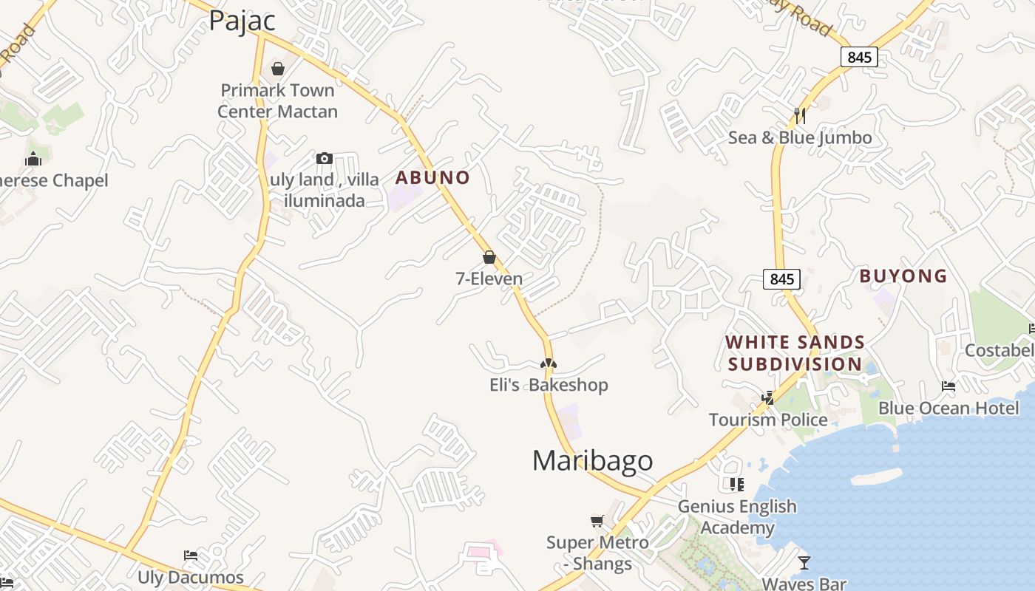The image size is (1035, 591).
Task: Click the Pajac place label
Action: point(242,21)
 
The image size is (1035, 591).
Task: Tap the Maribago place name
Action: point(592,460)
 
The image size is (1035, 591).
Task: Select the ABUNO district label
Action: point(432,177)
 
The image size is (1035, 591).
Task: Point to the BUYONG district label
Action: point(903,276)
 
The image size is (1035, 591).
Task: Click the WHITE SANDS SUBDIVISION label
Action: point(795,353)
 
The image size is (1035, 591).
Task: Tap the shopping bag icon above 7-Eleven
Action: point(489,257)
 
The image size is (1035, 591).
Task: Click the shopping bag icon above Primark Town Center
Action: point(278,69)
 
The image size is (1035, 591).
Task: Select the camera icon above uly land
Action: point(324,158)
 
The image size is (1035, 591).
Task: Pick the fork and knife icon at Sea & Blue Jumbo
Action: point(799,115)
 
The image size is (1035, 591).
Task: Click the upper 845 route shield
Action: point(859,57)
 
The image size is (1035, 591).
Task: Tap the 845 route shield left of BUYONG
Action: point(781,279)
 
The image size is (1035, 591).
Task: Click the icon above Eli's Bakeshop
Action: point(548,363)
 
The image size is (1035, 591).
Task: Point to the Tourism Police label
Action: point(768,420)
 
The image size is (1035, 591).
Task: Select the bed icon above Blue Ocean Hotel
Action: point(948,386)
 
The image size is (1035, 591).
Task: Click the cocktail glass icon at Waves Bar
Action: point(804,563)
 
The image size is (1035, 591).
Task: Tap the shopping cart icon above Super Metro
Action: point(597,521)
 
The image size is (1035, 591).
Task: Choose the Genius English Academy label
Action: point(737,516)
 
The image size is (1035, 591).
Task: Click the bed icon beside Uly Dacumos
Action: point(190,556)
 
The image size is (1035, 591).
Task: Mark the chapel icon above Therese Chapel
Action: point(33,159)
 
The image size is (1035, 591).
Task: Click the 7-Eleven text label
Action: point(489,279)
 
